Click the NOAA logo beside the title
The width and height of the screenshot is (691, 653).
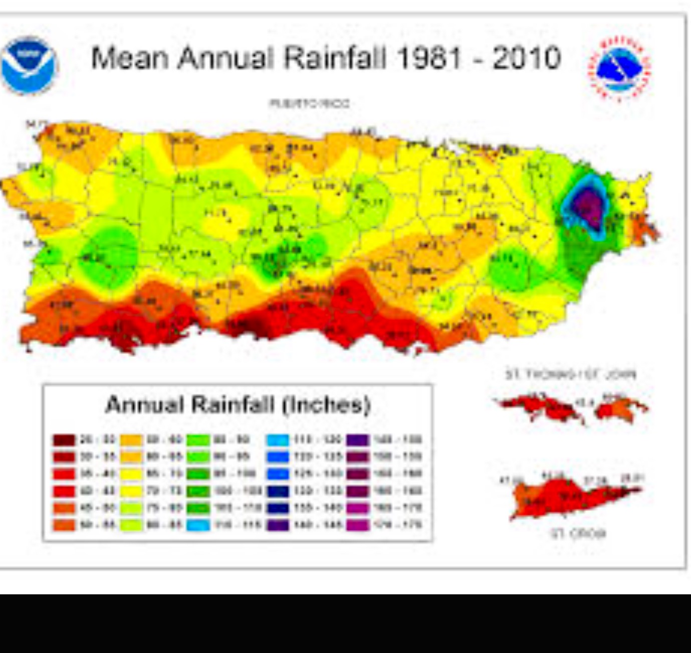[29, 65]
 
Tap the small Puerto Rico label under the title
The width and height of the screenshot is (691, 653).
[309, 104]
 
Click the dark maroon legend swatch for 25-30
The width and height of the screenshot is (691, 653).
[64, 440]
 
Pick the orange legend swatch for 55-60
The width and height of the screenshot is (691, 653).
[131, 440]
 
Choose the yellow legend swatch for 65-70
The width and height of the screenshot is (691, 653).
[131, 474]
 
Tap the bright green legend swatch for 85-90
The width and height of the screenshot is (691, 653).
[198, 440]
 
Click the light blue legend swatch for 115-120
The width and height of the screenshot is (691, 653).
[278, 440]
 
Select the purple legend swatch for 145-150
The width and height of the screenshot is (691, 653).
[358, 440]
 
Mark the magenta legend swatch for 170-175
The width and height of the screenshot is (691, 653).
[358, 525]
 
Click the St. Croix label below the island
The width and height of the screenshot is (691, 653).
[578, 533]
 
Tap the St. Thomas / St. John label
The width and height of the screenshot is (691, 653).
[570, 374]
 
